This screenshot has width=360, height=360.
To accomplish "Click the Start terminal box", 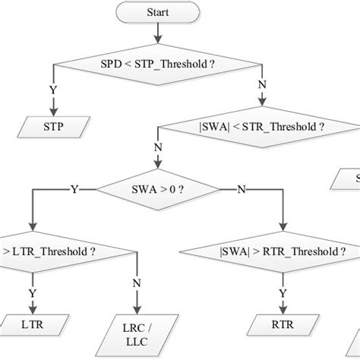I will point(156,13).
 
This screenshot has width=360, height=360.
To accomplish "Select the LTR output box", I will point(31,324).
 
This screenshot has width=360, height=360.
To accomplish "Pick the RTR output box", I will point(283,324).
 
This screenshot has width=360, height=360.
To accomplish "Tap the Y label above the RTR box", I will point(283,292).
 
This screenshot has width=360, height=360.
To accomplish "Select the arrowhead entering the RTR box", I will point(283,311).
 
